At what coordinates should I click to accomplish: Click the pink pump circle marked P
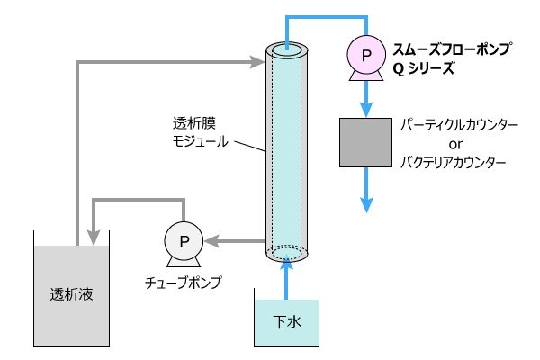point(366,56)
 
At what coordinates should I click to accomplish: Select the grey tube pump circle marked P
point(184,240)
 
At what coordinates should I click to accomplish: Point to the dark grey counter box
point(366,142)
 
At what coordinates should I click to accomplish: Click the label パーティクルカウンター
point(460,125)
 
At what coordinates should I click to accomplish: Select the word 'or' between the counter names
point(455,144)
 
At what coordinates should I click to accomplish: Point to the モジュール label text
point(201,141)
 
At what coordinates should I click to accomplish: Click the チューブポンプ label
point(184,283)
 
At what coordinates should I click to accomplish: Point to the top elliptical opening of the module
point(286,50)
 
